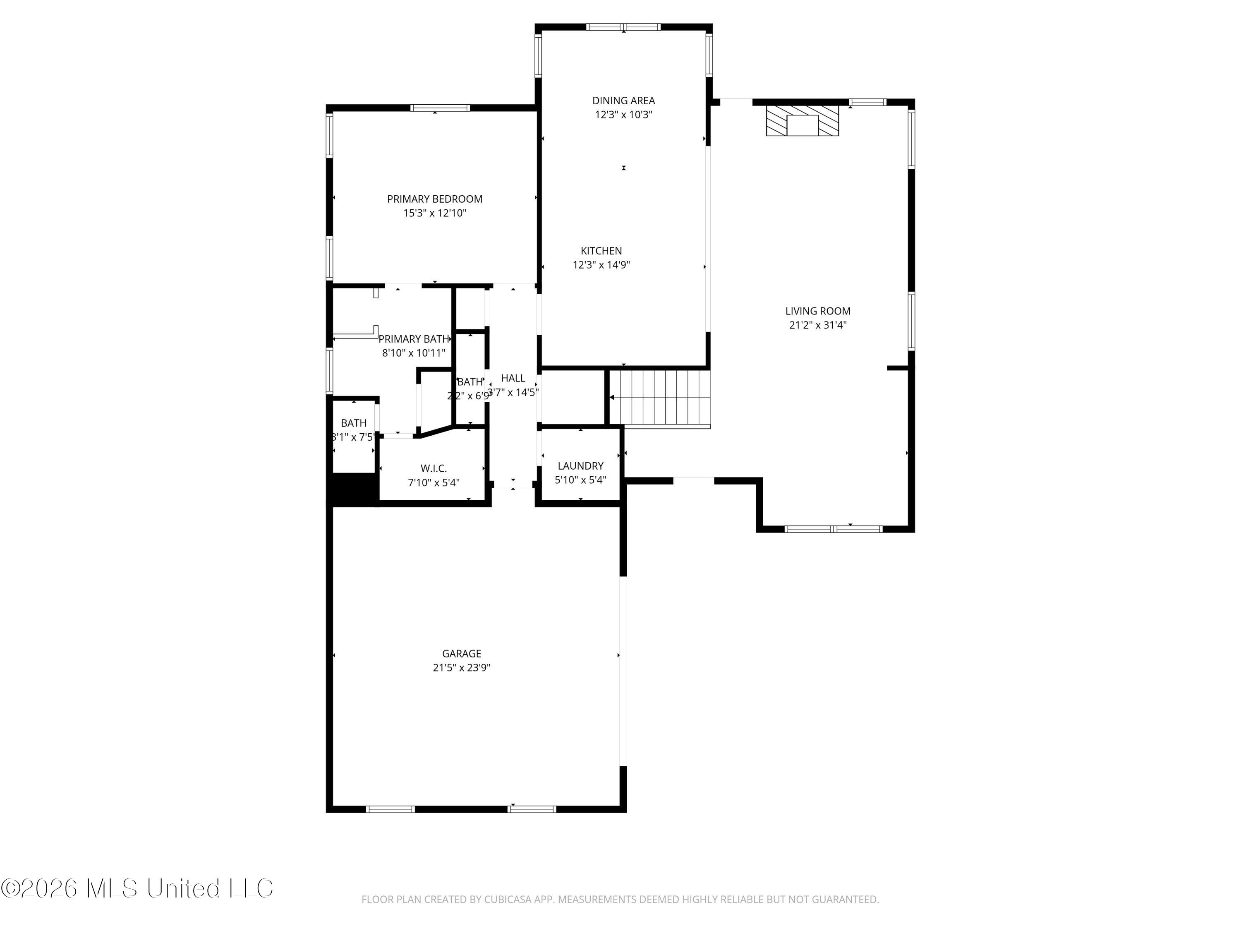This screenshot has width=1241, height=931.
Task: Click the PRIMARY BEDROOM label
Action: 434,199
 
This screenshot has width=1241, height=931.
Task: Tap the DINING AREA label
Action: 623,101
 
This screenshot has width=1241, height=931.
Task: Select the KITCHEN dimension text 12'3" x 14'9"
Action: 601,265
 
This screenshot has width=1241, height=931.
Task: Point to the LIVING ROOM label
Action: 817,311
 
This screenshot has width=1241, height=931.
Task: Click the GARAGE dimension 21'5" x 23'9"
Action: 461,668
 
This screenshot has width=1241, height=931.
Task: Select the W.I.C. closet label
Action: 433,468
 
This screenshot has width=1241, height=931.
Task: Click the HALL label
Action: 513,378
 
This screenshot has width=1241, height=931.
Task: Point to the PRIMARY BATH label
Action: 414,339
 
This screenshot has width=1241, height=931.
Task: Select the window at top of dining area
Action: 623,27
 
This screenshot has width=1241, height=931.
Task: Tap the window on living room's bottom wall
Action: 833,529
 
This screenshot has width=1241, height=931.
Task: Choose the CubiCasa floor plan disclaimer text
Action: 620,899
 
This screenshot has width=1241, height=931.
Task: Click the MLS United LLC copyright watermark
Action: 137,888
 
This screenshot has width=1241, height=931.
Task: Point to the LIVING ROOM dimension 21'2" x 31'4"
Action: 817,325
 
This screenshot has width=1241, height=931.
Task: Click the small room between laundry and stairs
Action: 572,397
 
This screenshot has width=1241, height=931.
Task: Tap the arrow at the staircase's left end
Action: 612,397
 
